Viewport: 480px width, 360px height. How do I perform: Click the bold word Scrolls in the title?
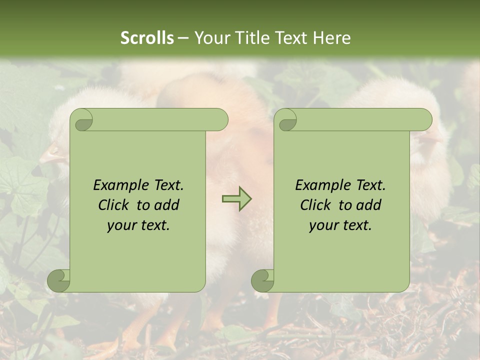click(147, 38)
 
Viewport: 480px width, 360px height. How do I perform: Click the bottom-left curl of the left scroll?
click(59, 280)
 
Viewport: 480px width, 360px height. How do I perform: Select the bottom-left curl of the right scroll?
click(263, 280)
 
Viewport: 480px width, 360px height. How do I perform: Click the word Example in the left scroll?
click(121, 185)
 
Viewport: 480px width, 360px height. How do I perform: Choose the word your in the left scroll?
click(121, 225)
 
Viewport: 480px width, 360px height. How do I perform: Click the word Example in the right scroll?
click(323, 185)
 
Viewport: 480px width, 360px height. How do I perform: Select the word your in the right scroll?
click(323, 225)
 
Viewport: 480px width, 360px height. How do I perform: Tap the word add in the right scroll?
click(368, 205)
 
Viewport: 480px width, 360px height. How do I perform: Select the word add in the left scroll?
click(166, 205)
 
